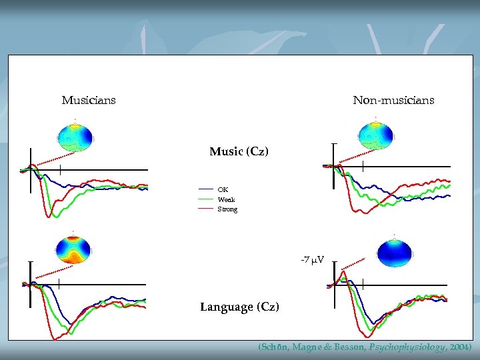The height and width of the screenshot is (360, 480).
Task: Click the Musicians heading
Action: tap(89, 100)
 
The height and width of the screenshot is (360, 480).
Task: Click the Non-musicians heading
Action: tap(393, 100)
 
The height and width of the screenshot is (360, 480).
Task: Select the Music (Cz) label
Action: tap(239, 152)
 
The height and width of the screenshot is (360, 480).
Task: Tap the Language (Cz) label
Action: tap(239, 307)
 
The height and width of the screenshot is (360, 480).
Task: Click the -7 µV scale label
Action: tap(312, 259)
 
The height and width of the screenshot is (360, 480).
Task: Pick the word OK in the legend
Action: tap(223, 190)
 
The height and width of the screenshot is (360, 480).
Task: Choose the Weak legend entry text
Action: tap(226, 199)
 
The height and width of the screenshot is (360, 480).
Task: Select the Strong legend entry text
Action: tap(227, 209)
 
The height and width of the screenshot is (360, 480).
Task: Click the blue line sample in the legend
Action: tap(206, 190)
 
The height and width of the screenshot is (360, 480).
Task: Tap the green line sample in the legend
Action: tap(206, 199)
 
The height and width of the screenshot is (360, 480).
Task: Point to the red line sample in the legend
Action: tap(206, 209)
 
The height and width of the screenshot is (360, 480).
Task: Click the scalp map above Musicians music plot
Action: tap(75, 136)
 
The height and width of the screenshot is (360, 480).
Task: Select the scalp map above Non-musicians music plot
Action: tap(377, 135)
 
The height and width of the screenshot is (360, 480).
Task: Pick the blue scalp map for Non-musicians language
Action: tap(394, 250)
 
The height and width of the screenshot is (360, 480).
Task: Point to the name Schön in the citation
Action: tap(273, 348)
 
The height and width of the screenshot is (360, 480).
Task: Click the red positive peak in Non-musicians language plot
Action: tap(342, 271)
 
